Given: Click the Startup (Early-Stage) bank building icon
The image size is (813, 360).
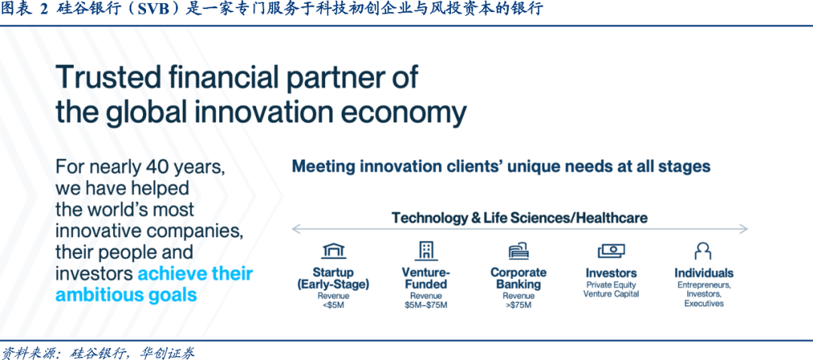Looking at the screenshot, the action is click(333, 251).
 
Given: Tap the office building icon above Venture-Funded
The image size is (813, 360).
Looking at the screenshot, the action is click(425, 251).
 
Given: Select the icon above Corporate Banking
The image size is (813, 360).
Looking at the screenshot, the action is click(518, 251).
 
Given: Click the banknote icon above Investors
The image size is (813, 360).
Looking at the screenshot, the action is click(611, 251).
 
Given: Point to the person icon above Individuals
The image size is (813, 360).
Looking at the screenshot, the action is click(702, 251).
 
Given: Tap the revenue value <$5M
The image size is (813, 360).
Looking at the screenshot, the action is click(333, 305).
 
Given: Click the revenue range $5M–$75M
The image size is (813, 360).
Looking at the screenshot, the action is click(425, 305).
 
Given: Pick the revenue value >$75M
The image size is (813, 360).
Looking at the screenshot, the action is click(518, 305).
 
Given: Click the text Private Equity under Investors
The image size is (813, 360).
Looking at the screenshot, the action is click(611, 285).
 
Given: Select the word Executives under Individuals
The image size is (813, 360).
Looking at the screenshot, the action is click(704, 304).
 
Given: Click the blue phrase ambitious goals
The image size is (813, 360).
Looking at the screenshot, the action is click(126, 294).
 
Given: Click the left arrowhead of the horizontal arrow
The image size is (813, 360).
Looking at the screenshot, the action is click(294, 229).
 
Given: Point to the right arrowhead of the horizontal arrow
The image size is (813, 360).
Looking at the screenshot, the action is click(745, 229).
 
